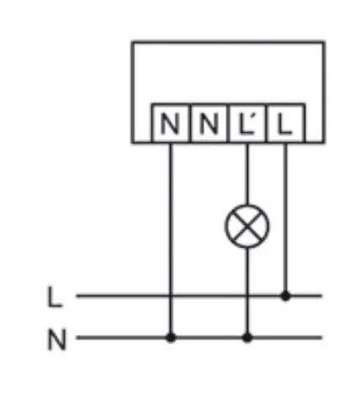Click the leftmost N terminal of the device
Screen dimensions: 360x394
click(171, 124)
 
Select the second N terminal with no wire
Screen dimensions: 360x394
click(209, 124)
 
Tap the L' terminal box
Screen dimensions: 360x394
click(248, 124)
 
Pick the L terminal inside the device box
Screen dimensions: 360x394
click(286, 124)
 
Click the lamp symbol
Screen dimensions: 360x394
click(247, 226)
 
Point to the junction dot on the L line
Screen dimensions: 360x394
click(285, 295)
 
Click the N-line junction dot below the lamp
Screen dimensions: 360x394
click(247, 338)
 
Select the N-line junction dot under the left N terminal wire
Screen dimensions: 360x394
click(171, 338)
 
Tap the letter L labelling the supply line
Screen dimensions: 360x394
click(55, 297)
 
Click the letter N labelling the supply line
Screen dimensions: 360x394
click(57, 339)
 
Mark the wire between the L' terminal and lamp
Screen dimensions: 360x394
click(247, 174)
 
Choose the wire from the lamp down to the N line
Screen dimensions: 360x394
click(247, 293)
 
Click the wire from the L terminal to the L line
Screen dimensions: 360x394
click(285, 219)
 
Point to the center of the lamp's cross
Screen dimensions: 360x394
click(247, 226)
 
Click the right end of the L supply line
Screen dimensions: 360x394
click(321, 295)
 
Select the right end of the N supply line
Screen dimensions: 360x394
click(321, 338)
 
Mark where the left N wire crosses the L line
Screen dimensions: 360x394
click(171, 295)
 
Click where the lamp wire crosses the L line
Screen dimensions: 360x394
click(247, 295)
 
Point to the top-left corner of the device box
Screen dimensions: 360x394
click(133, 43)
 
